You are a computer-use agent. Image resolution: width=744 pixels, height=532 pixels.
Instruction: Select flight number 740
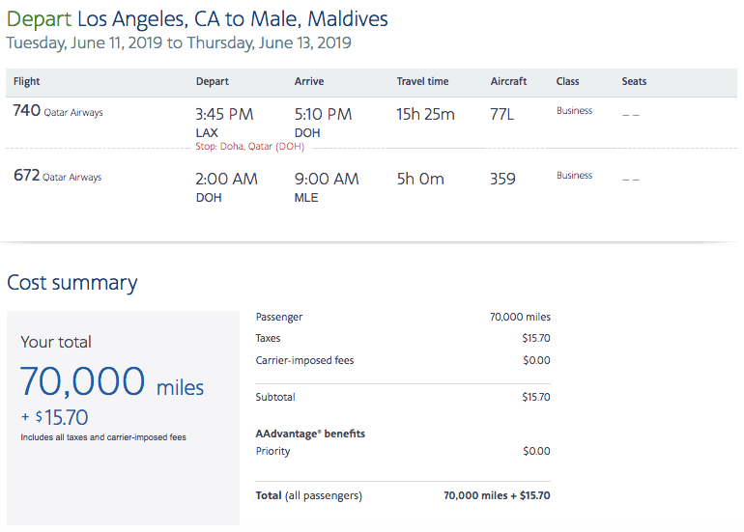(26, 111)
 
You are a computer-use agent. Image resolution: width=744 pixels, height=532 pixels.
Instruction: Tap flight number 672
(26, 177)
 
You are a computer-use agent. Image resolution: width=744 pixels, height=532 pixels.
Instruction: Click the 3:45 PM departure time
(224, 114)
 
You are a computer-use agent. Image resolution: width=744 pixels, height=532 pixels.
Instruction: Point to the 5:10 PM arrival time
(323, 114)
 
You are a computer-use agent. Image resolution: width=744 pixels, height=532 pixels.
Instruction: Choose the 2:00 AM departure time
(226, 179)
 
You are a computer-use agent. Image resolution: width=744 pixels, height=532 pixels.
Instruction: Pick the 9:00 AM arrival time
(327, 179)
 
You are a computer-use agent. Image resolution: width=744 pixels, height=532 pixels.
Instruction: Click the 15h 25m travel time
(425, 114)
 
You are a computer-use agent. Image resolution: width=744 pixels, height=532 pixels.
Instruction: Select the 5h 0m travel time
(420, 179)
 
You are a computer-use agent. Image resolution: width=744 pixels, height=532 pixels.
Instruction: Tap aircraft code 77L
(502, 114)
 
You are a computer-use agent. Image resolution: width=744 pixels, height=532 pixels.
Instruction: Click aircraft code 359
(502, 179)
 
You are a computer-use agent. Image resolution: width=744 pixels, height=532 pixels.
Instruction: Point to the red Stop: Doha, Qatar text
(250, 146)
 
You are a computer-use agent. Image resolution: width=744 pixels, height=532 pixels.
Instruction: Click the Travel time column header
(422, 82)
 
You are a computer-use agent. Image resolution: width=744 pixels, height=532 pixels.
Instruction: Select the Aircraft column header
(508, 82)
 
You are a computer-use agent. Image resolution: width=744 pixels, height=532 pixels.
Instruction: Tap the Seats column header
(634, 82)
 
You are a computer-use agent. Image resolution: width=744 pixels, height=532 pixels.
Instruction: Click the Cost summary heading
(72, 283)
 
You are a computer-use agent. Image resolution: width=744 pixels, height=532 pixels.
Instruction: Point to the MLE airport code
(306, 198)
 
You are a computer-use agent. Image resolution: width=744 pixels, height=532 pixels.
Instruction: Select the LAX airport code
(208, 132)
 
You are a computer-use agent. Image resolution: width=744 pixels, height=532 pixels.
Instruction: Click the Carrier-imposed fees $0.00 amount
(536, 361)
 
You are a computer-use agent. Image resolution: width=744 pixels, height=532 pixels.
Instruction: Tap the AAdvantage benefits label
(310, 434)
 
